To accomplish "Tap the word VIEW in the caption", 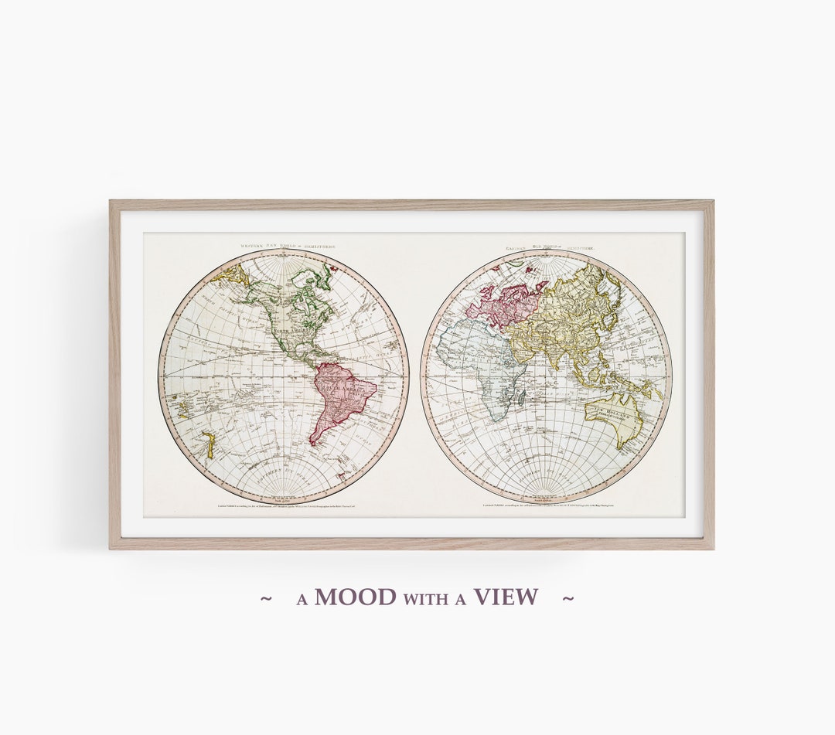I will pyautogui.click(x=506, y=597).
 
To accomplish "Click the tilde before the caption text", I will pyautogui.click(x=267, y=597).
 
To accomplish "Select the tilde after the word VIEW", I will pyautogui.click(x=567, y=597).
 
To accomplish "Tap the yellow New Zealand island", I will pyautogui.click(x=207, y=444).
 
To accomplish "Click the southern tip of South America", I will pyautogui.click(x=312, y=443).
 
